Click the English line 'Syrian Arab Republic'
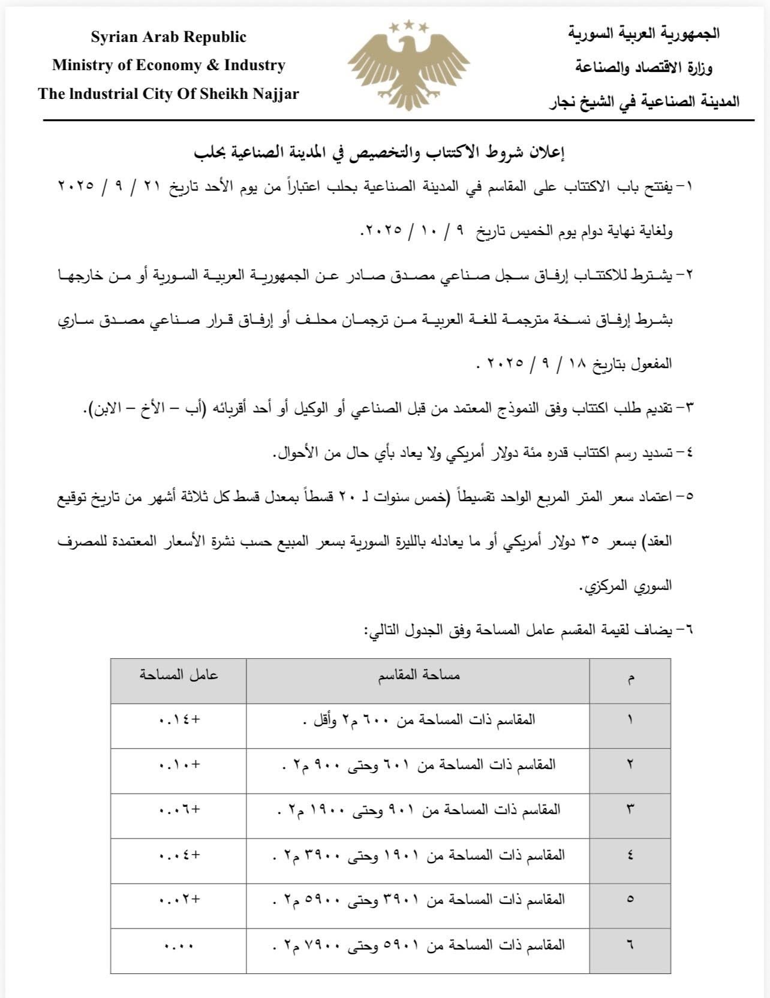(169, 37)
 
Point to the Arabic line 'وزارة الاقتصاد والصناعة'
(644, 68)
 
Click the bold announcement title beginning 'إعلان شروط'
(381, 153)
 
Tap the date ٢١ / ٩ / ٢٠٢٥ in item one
(100, 186)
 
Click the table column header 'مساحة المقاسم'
(419, 676)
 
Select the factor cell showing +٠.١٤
(179, 720)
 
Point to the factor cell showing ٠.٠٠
(179, 945)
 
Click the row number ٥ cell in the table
(630, 900)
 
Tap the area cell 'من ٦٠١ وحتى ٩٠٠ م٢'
(419, 765)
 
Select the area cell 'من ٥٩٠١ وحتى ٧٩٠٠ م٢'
(419, 945)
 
